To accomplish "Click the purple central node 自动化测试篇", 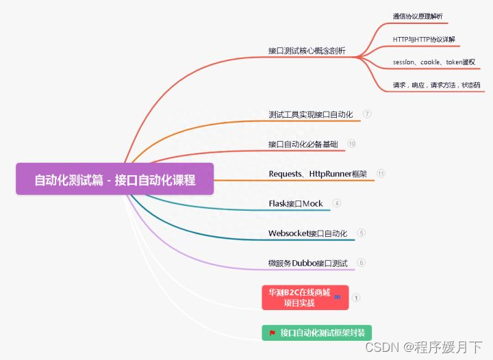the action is pos(115,180).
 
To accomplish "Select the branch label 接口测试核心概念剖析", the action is pos(307,51).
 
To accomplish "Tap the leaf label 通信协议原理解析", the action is pos(417,16).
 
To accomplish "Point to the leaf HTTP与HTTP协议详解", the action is pos(424,39).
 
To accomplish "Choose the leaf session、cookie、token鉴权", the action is pos(434,62).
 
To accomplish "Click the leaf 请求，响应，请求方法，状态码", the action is pos(436,86).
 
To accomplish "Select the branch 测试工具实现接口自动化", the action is pos(311,114).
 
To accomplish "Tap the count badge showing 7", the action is pos(367,114).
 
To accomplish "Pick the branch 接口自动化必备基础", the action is pos(303,144).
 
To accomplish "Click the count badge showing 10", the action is pos(352,144).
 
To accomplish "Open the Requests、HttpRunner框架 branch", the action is pos(318,174).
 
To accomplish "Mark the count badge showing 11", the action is pos(381,174).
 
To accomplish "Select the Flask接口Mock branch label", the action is pos(296,203).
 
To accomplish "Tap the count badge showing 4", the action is pos(336,203).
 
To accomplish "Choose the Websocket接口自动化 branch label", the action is pos(308,233).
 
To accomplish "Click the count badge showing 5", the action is pos(362,233).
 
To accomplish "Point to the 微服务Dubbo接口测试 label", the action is pos(308,263).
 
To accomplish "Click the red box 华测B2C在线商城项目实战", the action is pos(299,297).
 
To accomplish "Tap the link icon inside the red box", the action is pos(337,296).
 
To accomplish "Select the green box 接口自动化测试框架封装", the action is pos(316,333).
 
